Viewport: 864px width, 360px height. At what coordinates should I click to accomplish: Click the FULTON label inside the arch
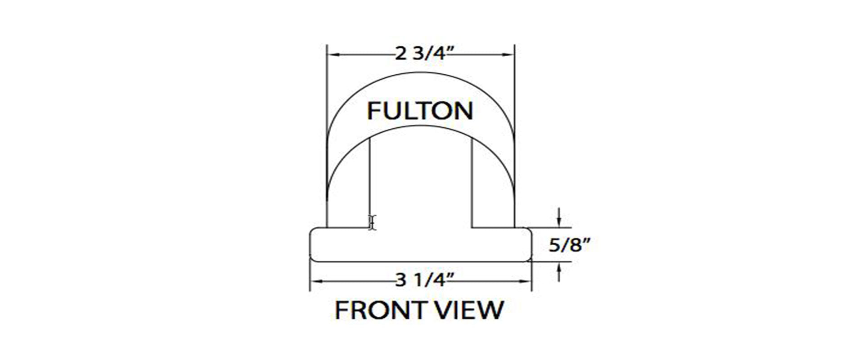(x=420, y=111)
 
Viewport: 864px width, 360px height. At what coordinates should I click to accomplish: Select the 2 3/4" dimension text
(x=420, y=54)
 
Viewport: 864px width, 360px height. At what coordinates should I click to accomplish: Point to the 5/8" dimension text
(x=569, y=245)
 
